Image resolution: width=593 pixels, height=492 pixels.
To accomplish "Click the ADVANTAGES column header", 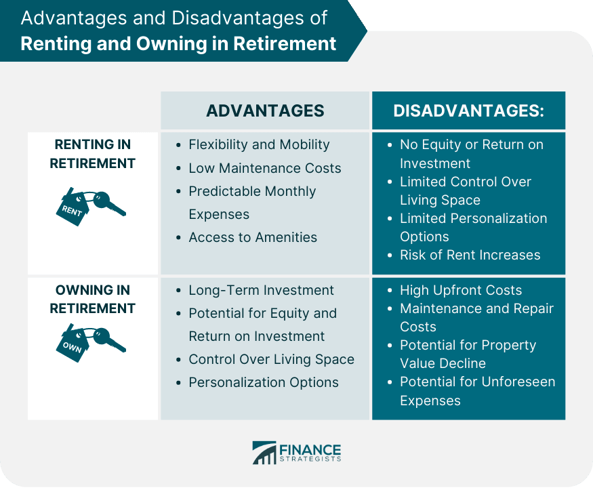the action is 265,111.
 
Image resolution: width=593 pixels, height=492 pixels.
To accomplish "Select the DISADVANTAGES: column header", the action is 468,111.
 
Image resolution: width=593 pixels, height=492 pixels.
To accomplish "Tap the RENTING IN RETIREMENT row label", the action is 93,154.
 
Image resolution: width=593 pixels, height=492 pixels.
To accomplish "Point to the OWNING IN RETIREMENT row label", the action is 93,299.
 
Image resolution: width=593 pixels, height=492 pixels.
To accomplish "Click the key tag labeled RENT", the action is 73,208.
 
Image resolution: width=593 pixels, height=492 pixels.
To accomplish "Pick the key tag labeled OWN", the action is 73,344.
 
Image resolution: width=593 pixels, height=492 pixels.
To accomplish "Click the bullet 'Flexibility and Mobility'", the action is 259,145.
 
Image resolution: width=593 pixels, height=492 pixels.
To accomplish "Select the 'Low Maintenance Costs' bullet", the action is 265,168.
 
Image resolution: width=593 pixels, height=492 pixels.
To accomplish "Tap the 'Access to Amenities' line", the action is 253,237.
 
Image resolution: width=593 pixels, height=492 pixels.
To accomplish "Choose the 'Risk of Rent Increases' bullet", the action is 470,255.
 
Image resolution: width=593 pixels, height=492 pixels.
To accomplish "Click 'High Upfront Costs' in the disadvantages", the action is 461,291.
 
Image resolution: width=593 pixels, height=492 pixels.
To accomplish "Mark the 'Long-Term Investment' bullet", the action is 261,291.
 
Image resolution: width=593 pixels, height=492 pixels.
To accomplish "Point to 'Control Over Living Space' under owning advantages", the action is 272,360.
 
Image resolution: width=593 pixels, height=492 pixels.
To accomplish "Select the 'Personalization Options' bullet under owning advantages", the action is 264,383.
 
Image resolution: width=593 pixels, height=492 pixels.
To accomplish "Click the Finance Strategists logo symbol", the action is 264,452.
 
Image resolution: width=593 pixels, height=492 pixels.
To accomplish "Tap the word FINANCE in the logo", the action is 310,450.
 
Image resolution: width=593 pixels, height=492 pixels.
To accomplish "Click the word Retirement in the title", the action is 285,43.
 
